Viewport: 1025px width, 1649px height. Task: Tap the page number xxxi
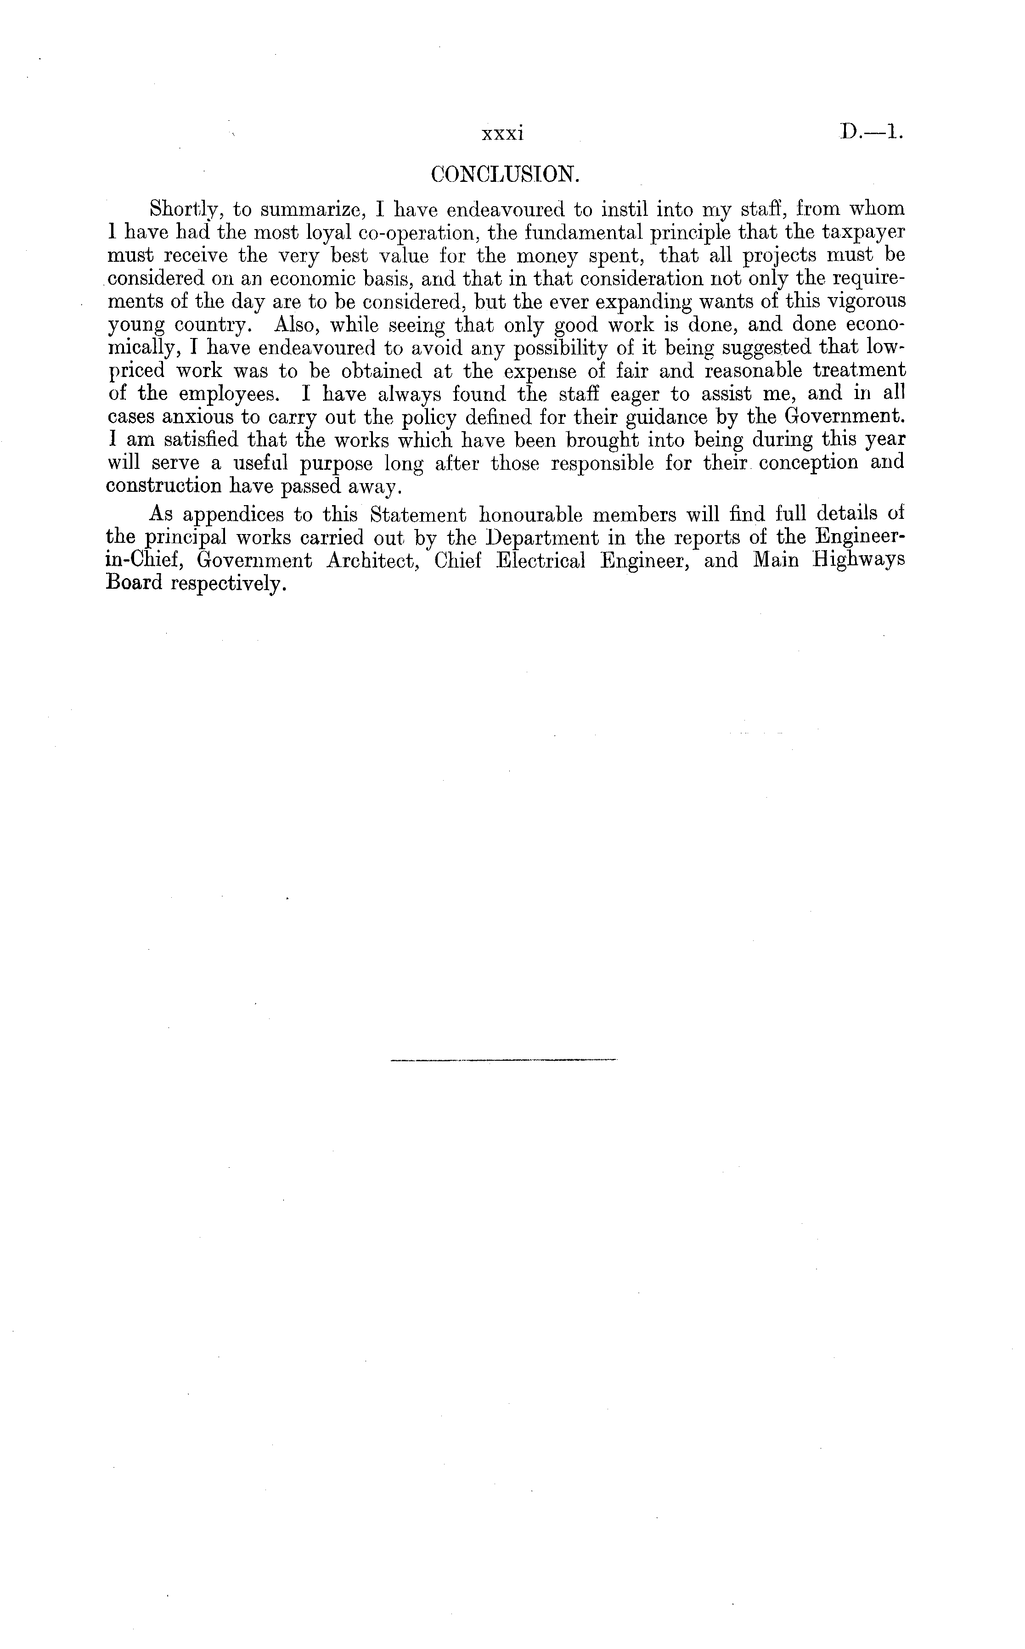point(502,134)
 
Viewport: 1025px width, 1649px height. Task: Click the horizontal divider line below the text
point(504,1059)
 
